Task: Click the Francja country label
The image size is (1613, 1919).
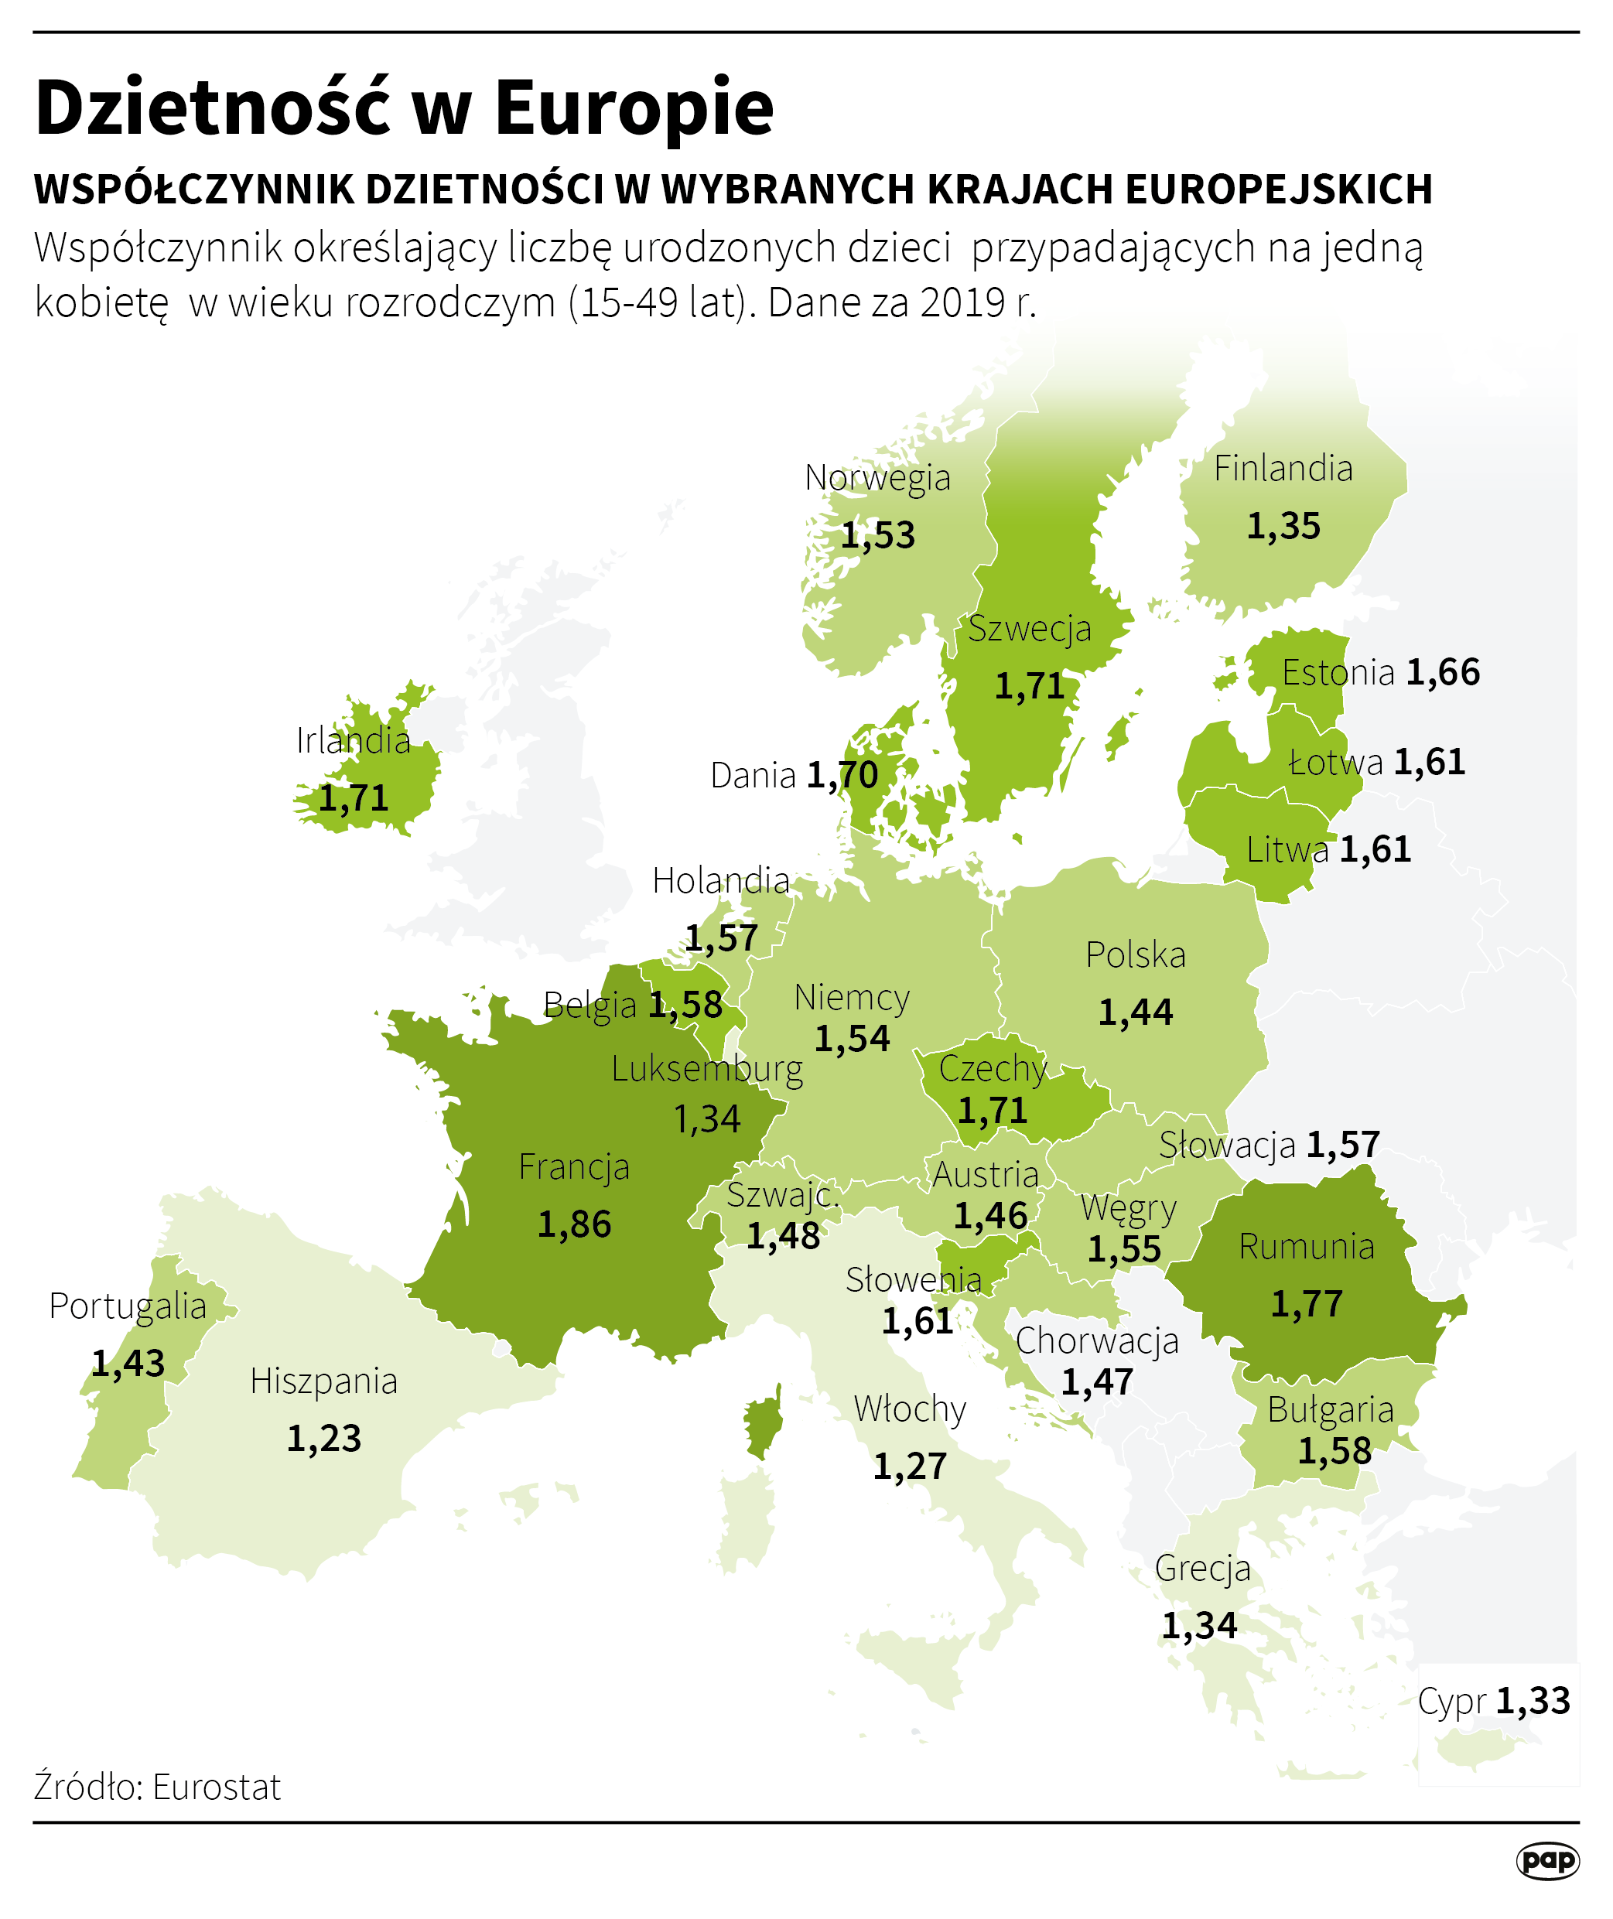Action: (573, 1167)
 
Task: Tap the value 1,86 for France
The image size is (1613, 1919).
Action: (573, 1225)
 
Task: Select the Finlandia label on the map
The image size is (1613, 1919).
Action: (1282, 469)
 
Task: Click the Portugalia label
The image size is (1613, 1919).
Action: (127, 1306)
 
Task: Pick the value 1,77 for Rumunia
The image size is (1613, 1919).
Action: (1306, 1305)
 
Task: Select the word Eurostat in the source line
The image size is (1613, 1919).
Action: (217, 1788)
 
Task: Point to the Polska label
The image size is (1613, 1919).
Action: (1135, 955)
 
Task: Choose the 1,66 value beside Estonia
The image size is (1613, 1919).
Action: (1442, 673)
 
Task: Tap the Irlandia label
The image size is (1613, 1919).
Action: (353, 740)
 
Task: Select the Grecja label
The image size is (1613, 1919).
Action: (1201, 1569)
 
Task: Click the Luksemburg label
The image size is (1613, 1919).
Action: (707, 1069)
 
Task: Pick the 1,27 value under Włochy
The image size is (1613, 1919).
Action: (909, 1467)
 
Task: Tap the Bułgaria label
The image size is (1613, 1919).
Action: (1330, 1411)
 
